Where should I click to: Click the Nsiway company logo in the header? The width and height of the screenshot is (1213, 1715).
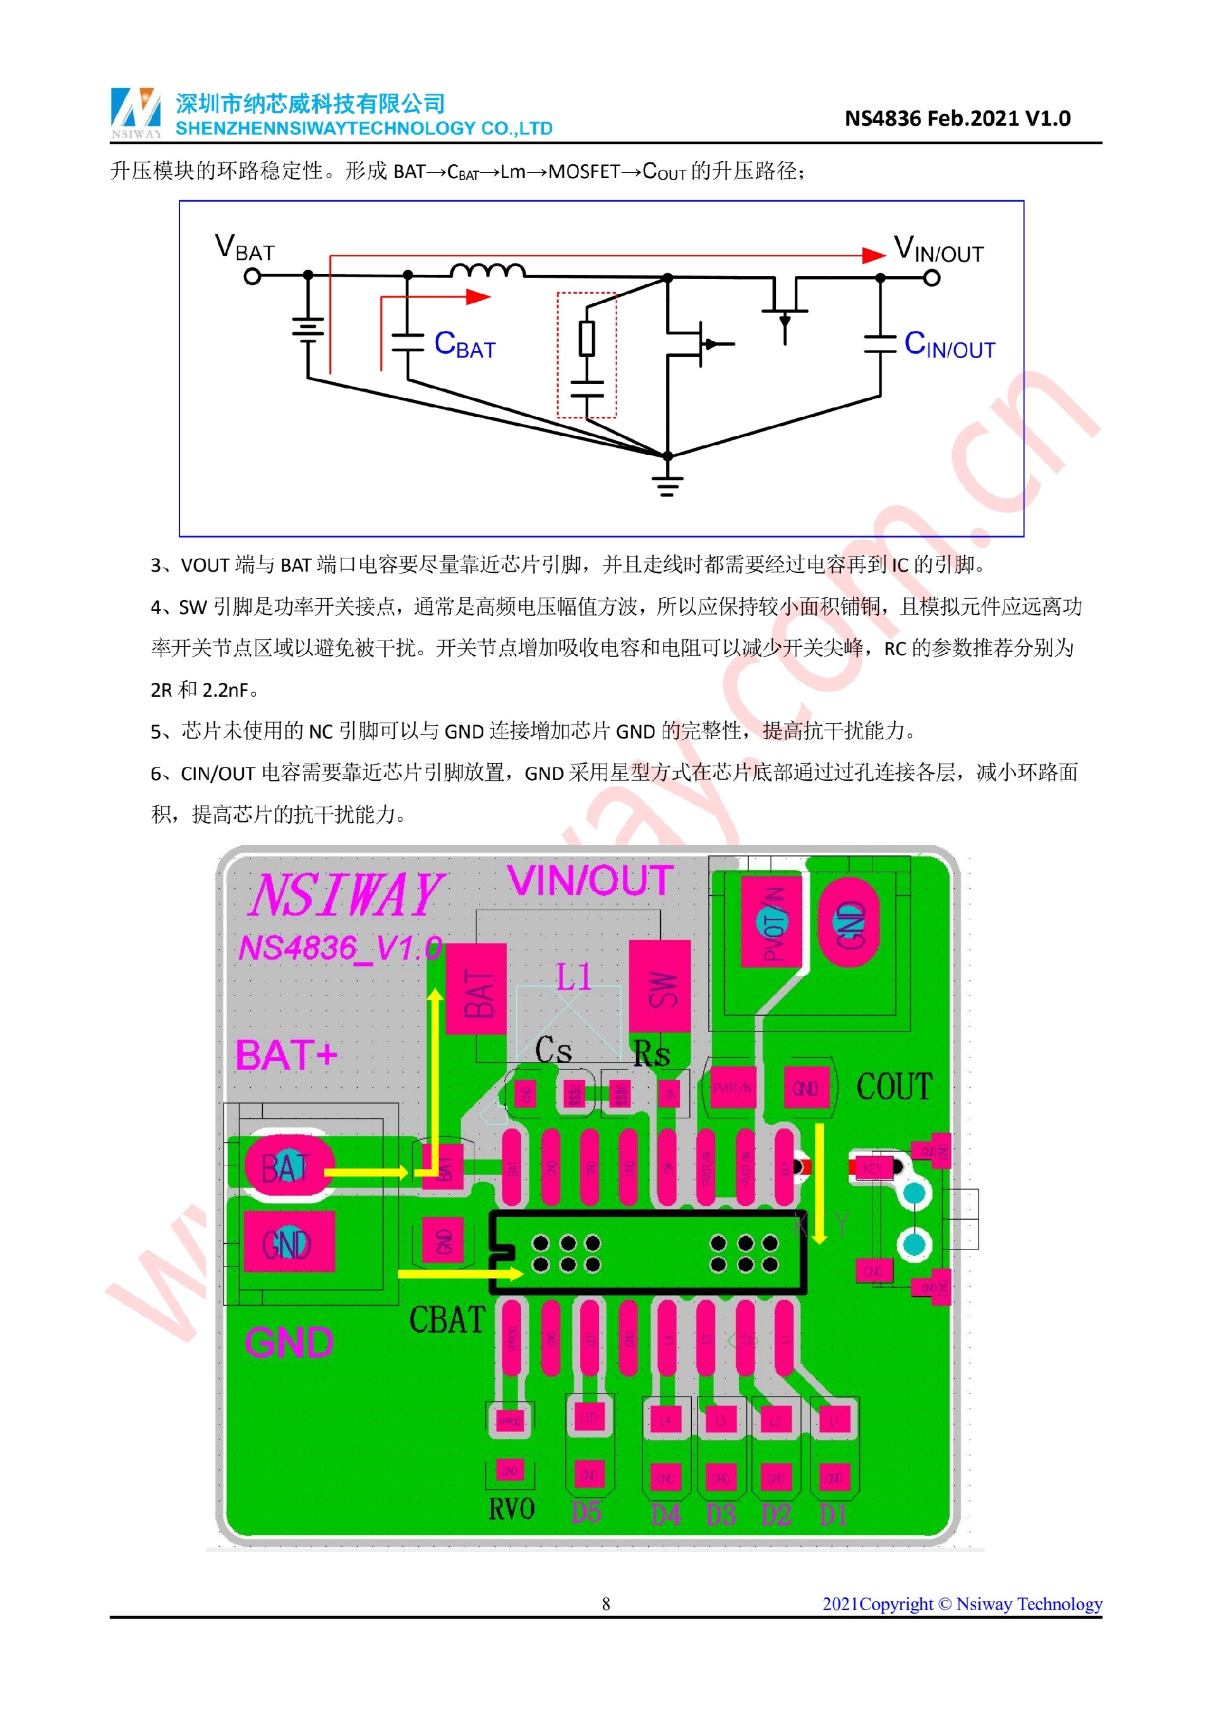(x=135, y=112)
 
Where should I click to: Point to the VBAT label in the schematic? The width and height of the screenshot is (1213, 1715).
(x=244, y=247)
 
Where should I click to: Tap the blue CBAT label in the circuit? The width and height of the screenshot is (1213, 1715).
(x=464, y=344)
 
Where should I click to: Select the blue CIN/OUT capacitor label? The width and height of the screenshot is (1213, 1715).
(x=948, y=344)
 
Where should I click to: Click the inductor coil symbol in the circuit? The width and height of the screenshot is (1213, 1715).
(x=487, y=270)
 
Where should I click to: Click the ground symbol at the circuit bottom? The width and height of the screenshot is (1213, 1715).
(x=667, y=484)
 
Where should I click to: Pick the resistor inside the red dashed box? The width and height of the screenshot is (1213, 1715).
(x=587, y=339)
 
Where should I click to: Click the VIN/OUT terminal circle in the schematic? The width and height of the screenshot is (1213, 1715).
(x=931, y=278)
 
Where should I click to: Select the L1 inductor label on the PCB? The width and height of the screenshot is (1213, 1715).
(x=574, y=977)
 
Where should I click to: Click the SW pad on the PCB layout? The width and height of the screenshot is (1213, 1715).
(x=660, y=987)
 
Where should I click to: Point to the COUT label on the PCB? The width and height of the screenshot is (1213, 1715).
(x=894, y=1087)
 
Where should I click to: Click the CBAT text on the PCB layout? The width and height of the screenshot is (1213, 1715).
(x=447, y=1320)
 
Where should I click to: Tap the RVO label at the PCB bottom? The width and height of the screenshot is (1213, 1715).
(x=512, y=1509)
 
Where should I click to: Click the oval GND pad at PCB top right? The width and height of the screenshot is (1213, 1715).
(x=848, y=922)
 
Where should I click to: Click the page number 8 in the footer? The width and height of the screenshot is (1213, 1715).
(x=606, y=1604)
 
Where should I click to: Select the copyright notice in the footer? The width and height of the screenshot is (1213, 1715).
(x=962, y=1604)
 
